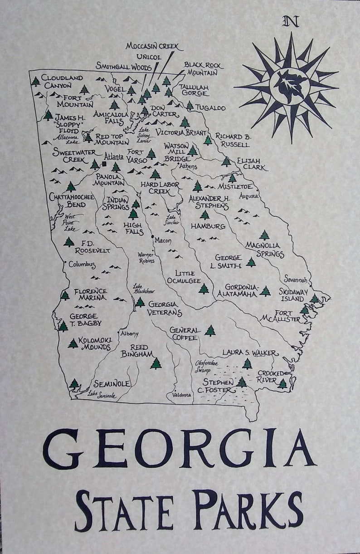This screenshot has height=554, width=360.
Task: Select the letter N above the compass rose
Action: [291, 21]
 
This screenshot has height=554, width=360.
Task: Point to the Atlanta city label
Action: [114, 157]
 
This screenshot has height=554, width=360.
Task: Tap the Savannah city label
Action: [296, 279]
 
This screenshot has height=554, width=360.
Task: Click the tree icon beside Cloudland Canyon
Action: [36, 82]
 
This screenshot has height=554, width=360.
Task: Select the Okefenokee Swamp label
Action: [206, 367]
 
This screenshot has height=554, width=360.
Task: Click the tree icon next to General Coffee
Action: [209, 330]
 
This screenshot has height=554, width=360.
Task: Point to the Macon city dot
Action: [152, 236]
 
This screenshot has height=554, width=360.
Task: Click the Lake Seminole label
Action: [102, 395]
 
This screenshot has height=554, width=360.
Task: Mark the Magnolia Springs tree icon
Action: [264, 235]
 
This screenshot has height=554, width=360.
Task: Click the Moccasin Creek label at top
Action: [152, 46]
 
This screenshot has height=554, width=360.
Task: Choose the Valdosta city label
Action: [182, 395]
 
